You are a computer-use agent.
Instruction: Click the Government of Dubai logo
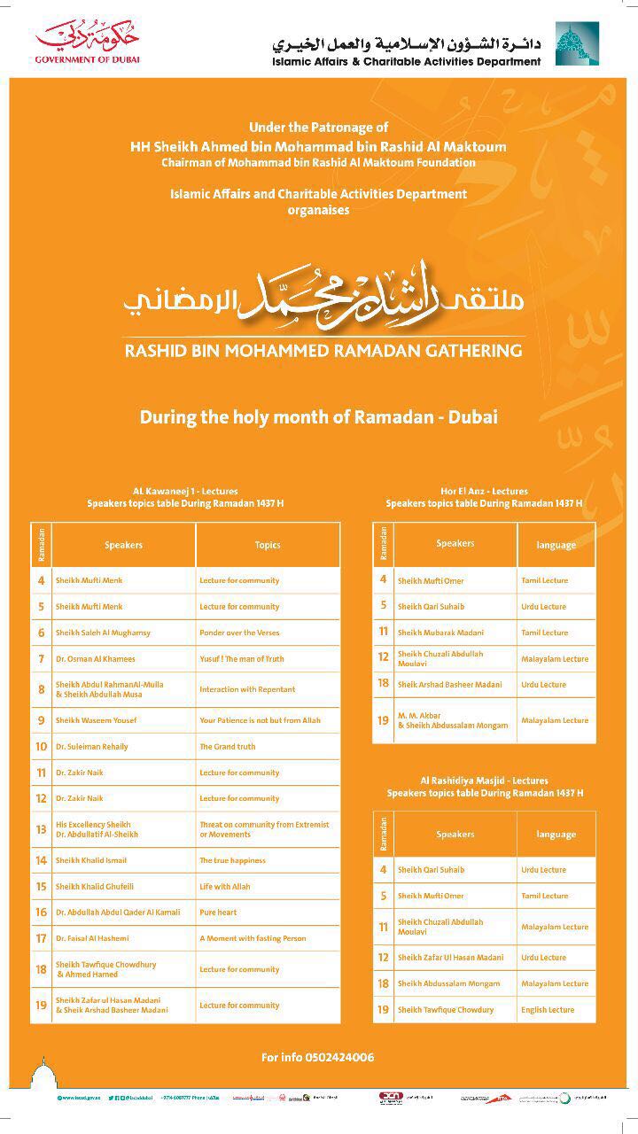[88, 43]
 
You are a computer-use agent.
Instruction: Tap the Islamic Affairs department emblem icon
[576, 44]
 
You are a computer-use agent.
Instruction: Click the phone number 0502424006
[317, 1057]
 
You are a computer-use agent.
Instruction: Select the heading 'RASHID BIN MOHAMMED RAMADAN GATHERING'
[323, 350]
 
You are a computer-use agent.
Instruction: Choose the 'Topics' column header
[268, 545]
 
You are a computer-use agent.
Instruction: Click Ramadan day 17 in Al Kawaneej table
[41, 938]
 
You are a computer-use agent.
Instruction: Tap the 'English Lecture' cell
[548, 1010]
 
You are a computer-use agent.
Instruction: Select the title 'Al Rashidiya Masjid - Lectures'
[484, 781]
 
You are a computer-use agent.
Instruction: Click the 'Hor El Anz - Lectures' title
[484, 491]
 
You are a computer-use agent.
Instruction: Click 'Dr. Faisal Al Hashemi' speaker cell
[92, 938]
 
